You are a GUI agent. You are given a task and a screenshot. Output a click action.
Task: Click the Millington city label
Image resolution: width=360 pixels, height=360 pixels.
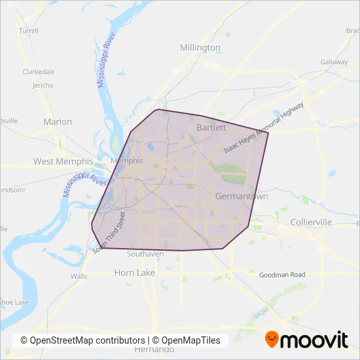200,48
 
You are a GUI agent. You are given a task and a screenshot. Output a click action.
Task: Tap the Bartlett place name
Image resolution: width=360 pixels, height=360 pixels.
211,127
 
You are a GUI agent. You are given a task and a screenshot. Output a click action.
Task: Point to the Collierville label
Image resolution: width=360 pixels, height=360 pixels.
311,223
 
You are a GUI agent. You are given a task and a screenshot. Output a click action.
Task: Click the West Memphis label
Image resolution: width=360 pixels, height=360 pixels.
60,161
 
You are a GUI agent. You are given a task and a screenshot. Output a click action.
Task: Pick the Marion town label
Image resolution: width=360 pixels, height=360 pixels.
57,121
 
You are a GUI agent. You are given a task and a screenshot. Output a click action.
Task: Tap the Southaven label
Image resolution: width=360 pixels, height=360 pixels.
145,253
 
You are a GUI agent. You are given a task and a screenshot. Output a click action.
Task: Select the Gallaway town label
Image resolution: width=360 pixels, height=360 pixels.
334,62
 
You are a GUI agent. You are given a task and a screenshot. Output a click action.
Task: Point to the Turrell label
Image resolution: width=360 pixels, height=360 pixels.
29,30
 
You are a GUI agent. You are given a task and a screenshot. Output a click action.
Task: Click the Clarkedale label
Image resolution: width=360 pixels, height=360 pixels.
39,72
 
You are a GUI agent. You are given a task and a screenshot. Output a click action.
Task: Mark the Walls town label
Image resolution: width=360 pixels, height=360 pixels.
79,276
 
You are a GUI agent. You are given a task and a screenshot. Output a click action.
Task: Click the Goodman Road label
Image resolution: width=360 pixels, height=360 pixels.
282,276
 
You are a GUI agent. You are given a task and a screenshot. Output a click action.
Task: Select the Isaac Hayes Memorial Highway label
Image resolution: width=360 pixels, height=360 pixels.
264,128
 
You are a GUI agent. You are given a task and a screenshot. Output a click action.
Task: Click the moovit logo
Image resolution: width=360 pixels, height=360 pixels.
306,340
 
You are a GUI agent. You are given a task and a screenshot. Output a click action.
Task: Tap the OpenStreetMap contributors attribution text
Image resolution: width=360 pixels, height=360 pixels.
83,340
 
